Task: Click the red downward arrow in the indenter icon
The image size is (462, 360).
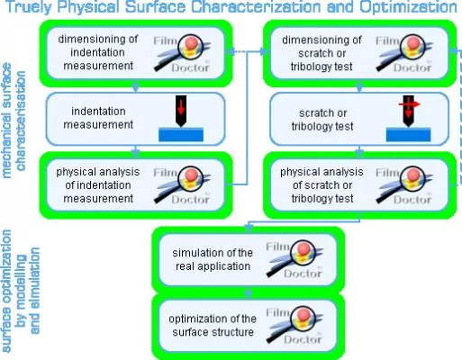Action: pyautogui.click(x=184, y=107)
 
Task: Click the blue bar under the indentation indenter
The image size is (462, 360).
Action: pyautogui.click(x=183, y=135)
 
